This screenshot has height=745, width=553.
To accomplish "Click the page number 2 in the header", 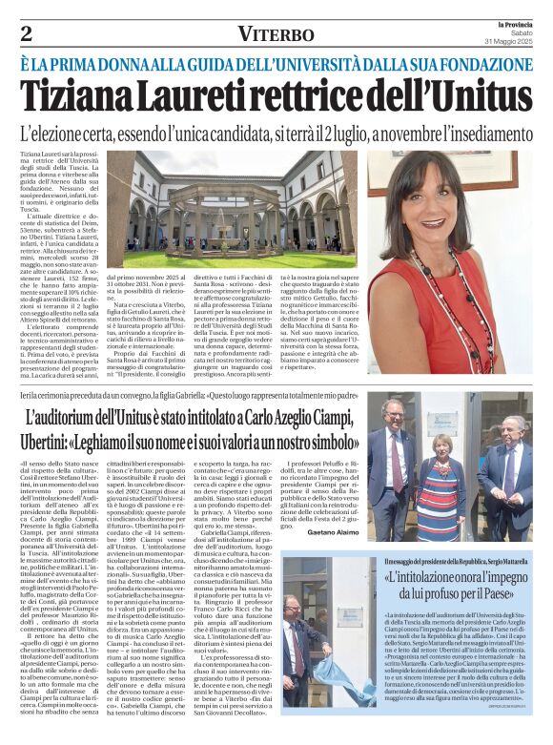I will tap(26, 33).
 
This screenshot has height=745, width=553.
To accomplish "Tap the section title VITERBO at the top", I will tap(276, 34).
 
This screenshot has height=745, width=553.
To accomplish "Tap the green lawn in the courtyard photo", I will tap(238, 259).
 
